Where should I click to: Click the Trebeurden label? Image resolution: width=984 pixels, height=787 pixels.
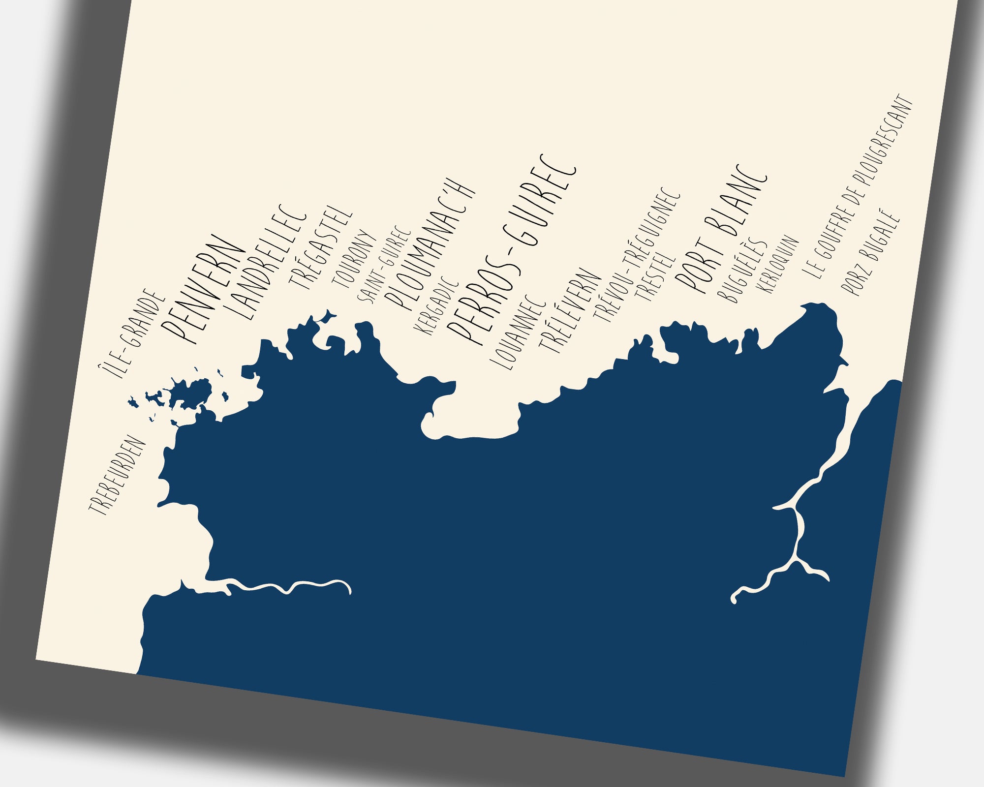tap(118, 476)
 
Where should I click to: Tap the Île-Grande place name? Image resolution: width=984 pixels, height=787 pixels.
tap(130, 333)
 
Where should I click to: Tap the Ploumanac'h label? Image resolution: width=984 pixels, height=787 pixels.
tap(430, 244)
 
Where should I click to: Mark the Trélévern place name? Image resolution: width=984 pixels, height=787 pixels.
tap(570, 311)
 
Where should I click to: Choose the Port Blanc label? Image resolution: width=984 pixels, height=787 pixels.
tap(721, 229)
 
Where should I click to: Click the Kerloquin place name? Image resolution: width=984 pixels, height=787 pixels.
tap(779, 264)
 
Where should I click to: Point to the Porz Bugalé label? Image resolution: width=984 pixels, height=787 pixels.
tap(871, 253)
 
